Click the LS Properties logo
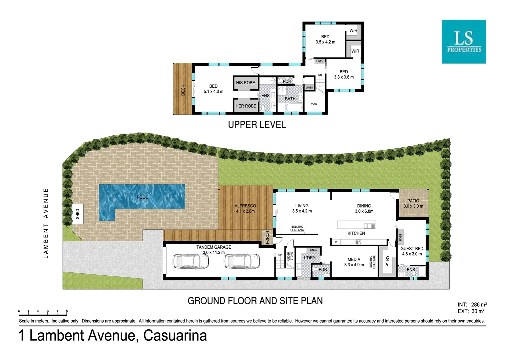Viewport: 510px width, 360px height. coord(464,42)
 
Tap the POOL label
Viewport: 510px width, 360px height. coord(142,197)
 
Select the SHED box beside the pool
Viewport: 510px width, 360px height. coord(78,214)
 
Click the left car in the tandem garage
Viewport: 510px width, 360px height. coord(191,261)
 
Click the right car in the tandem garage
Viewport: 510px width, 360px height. coord(242,261)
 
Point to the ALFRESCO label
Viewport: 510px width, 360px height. coord(245,206)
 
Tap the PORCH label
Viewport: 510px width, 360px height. coord(267,238)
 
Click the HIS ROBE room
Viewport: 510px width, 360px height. coord(245,83)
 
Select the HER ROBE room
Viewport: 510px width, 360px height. coord(246,106)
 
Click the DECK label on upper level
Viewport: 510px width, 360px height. coord(183,90)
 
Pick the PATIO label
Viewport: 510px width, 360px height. coord(413,201)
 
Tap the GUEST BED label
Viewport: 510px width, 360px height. coord(412,249)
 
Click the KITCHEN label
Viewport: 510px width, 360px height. coord(356,233)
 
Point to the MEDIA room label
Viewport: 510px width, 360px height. coord(354,259)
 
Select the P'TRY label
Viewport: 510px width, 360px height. coord(387,261)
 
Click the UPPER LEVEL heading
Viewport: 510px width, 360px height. coord(257,125)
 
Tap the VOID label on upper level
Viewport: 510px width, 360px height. coord(314,104)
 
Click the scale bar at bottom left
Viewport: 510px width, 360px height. coord(43,313)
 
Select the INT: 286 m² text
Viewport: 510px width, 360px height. coord(472,305)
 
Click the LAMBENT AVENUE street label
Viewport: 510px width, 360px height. coord(46,223)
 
